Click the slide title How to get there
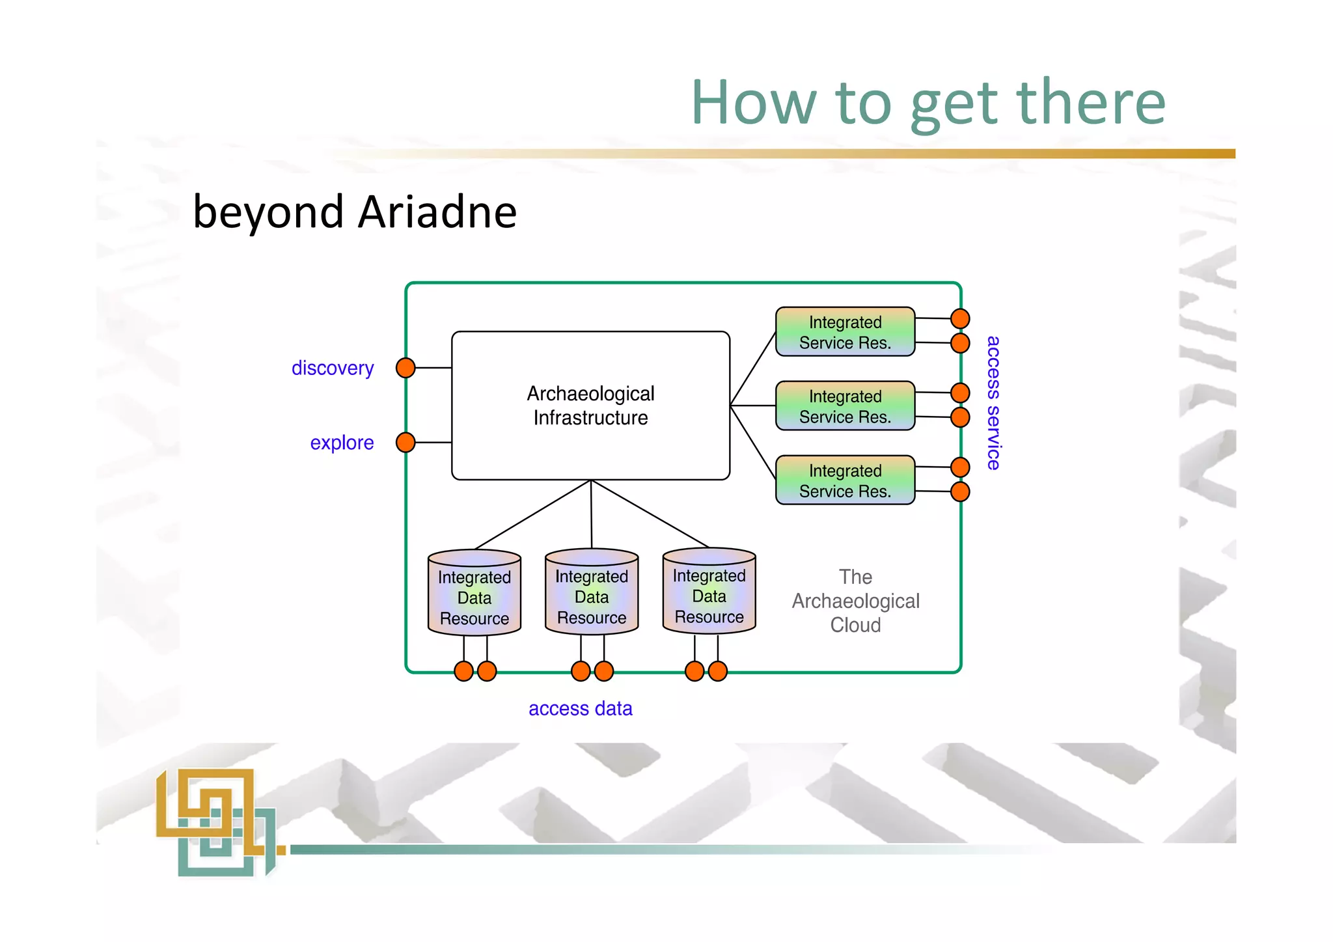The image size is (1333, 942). [x=928, y=103]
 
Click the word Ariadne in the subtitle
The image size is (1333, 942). [x=437, y=213]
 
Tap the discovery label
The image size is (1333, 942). [x=333, y=368]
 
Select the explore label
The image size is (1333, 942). [x=342, y=443]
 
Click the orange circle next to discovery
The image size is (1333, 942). [x=405, y=368]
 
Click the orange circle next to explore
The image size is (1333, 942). [x=405, y=443]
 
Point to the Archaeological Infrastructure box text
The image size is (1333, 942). [x=590, y=406]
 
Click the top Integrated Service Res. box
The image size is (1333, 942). [x=845, y=332]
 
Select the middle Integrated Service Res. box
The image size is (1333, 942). [x=845, y=406]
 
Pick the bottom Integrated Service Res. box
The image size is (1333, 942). [x=845, y=480]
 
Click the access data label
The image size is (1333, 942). [x=580, y=708]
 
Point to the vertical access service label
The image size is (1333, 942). [x=993, y=403]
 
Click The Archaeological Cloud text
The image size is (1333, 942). [x=855, y=601]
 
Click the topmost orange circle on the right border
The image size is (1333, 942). [x=960, y=319]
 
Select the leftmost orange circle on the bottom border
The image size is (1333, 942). [x=463, y=671]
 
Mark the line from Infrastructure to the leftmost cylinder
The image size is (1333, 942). [x=532, y=515]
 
